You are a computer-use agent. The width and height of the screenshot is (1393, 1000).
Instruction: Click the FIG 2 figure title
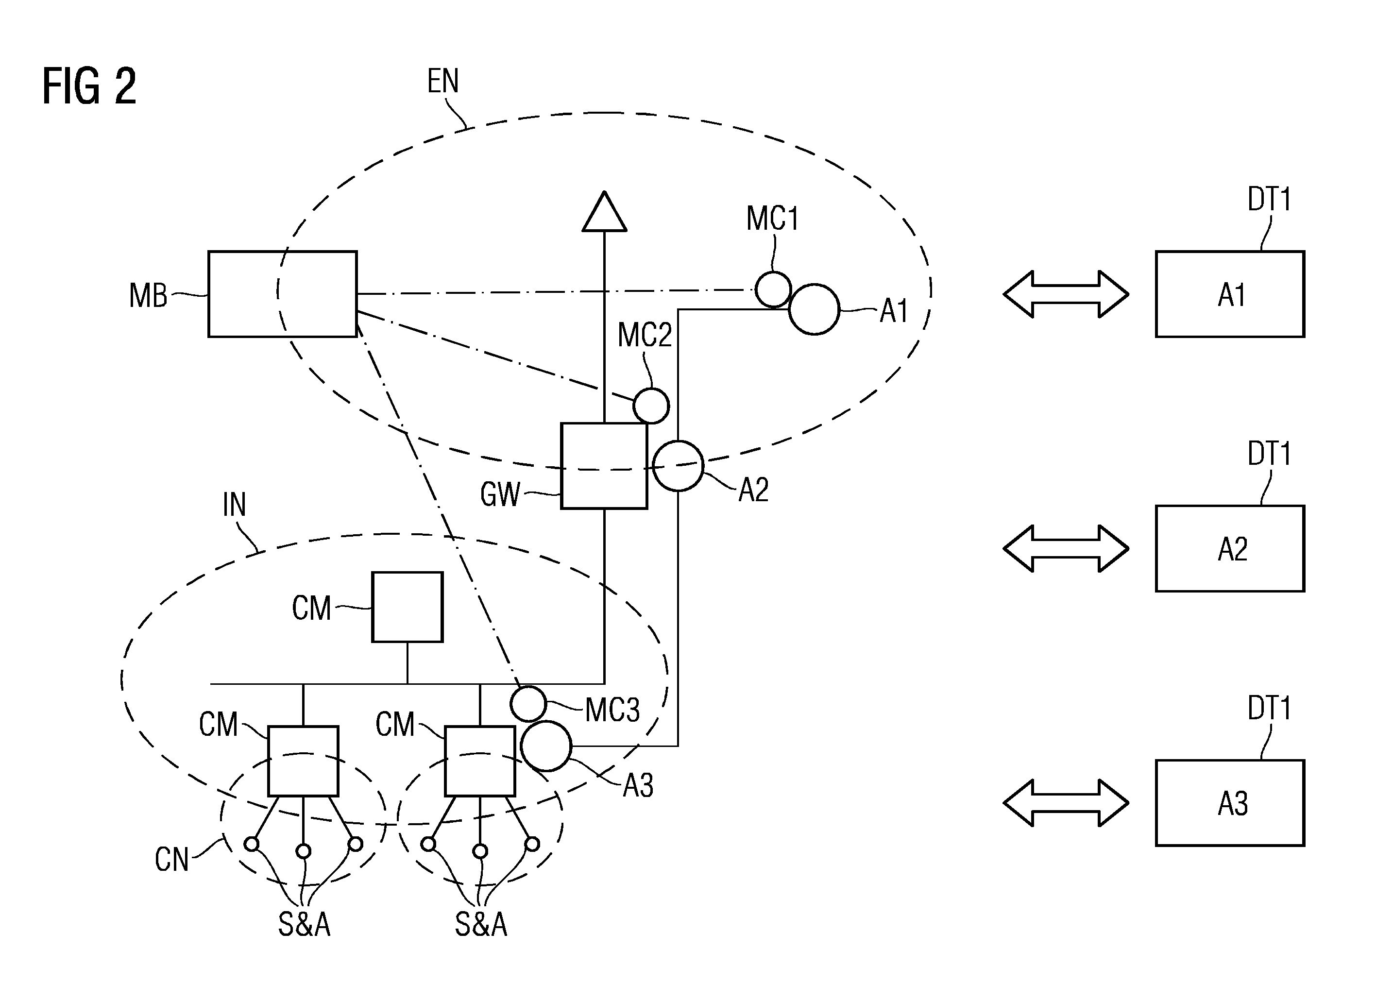(x=90, y=86)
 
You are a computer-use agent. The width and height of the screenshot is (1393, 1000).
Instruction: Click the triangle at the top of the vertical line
(x=604, y=211)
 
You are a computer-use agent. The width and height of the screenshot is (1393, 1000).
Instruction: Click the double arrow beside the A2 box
(x=1066, y=548)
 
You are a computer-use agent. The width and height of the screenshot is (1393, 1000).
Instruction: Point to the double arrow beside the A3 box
(x=1066, y=803)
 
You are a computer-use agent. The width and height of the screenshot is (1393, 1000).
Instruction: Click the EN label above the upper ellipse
(x=443, y=81)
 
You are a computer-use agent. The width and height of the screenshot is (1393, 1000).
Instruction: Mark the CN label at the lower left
(x=172, y=859)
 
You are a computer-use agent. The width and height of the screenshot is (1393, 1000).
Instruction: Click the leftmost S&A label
(x=304, y=924)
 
